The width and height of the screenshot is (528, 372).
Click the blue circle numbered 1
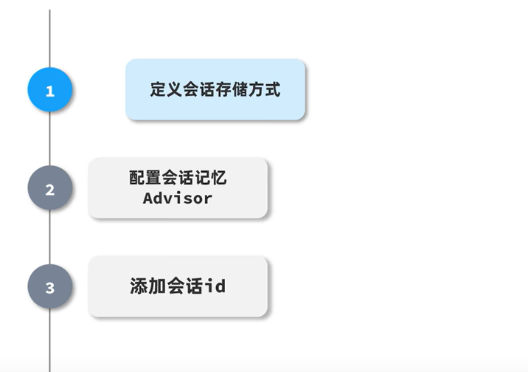point(49,91)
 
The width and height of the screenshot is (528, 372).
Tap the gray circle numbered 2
point(49,189)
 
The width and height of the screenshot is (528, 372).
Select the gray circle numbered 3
point(49,287)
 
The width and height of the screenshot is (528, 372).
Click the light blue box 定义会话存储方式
point(215,89)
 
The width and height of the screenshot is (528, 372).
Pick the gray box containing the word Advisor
point(178,187)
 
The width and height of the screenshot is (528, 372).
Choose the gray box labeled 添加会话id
point(178,286)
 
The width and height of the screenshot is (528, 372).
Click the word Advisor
point(178,198)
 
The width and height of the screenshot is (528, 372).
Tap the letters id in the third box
point(217,286)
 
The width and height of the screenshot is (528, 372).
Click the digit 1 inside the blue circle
point(49,92)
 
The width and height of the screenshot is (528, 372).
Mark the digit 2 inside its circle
point(49,190)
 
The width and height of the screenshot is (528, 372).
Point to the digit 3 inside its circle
point(49,288)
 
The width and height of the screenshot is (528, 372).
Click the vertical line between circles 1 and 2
point(49,140)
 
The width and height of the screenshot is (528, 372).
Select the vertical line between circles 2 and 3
point(49,238)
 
